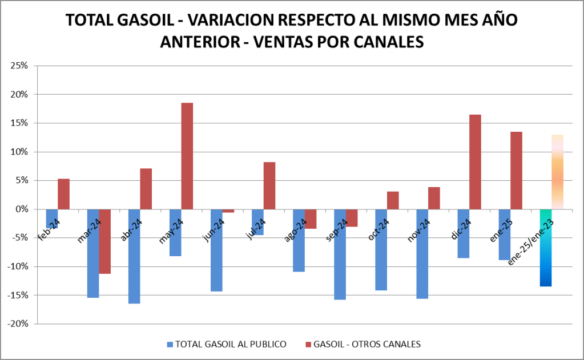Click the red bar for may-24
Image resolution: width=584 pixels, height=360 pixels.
pos(187,156)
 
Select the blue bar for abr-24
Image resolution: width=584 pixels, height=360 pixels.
pos(134,256)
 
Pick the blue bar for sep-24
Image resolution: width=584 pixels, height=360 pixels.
pos(340,254)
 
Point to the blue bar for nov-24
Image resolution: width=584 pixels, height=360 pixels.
pos(422,254)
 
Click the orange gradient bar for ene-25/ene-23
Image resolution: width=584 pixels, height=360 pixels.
pos(557,171)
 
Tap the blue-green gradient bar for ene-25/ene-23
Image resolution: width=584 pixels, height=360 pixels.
pos(546,248)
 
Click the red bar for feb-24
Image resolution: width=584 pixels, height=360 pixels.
pos(64,193)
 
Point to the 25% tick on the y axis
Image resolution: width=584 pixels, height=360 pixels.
pos(20,66)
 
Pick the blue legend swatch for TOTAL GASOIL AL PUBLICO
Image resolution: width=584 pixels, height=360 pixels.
pos(170,345)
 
